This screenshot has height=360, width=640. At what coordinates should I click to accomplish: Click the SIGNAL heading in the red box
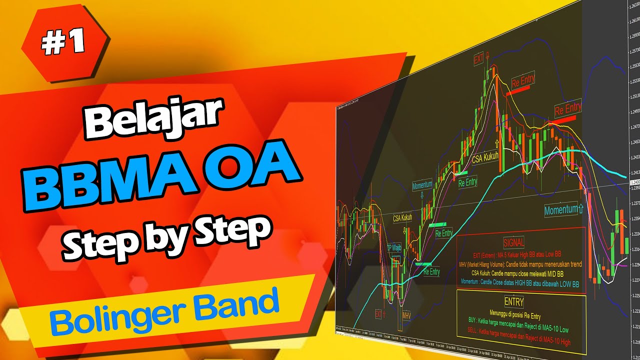coord(514,243)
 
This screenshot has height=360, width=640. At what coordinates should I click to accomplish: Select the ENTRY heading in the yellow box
coord(514,301)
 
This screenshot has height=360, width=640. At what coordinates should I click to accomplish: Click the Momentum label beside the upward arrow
coord(560,210)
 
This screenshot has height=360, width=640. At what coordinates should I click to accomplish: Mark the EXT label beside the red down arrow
coord(479,59)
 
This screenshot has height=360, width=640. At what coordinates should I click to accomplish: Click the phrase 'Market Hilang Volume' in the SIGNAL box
coord(489,264)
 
